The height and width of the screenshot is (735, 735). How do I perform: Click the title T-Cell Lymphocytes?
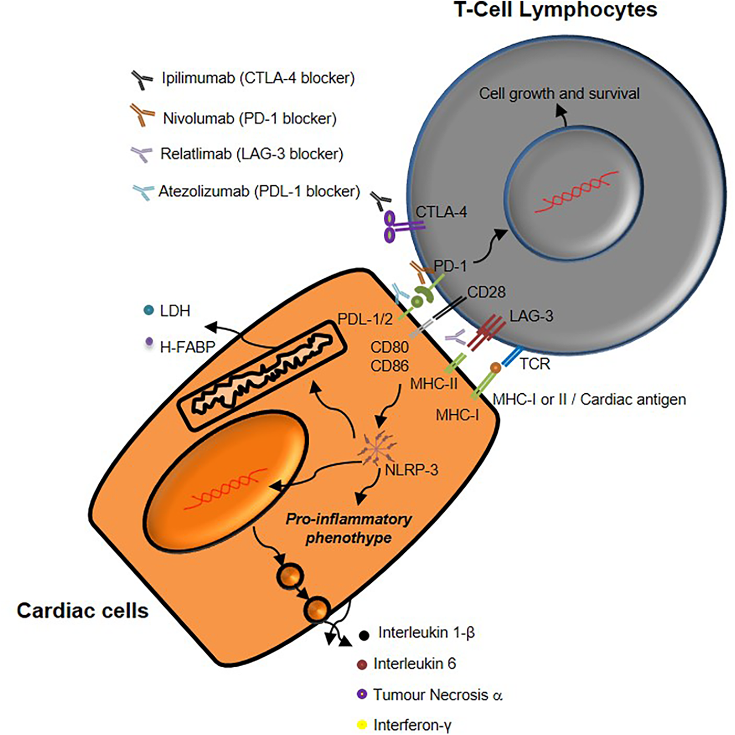point(555,9)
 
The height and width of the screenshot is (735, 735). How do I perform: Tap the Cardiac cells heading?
point(82,611)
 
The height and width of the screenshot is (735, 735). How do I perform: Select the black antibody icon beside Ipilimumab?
point(141,79)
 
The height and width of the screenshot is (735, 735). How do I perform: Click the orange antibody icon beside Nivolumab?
point(142,115)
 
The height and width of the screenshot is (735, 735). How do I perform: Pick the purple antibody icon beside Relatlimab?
point(141,154)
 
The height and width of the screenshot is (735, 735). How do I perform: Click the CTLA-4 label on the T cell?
point(441,212)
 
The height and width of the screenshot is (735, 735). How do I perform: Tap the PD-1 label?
point(450,266)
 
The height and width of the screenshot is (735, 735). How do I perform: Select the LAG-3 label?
point(531,316)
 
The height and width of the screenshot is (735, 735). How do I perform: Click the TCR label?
point(534,364)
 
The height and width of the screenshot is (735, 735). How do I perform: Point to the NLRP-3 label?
point(411,470)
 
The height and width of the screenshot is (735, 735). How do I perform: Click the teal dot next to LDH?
point(149,310)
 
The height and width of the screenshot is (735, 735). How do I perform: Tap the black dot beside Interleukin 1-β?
point(363,635)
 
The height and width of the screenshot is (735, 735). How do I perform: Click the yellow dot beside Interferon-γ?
point(362,725)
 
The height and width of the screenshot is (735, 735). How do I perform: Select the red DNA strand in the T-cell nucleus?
point(576,192)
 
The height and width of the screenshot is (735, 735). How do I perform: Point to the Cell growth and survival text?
point(559,93)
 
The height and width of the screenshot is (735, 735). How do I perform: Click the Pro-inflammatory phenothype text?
point(349,528)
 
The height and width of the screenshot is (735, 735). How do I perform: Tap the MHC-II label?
point(434,384)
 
